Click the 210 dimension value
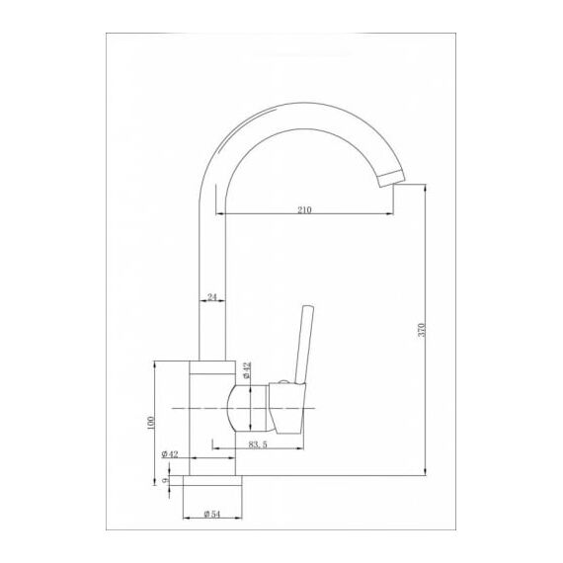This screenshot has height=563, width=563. click(304, 209)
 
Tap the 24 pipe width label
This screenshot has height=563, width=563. click(212, 297)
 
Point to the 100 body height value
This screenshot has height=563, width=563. click(150, 423)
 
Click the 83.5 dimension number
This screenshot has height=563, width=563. click(258, 444)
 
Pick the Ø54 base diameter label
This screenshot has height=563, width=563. click(211, 514)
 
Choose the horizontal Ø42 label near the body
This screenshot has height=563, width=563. click(170, 454)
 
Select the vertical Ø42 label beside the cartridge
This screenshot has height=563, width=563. click(246, 370)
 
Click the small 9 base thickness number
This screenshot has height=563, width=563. click(165, 480)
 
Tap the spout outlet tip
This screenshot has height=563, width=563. click(392, 179)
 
